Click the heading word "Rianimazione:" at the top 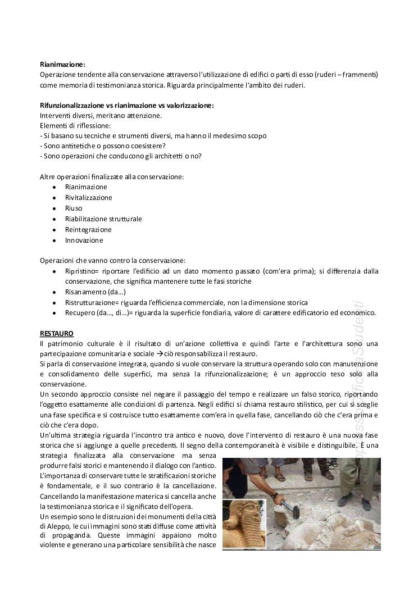(62, 65)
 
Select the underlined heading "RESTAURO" (57, 334)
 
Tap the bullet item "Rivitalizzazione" (88, 198)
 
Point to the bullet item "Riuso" (74, 208)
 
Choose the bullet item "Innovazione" (84, 240)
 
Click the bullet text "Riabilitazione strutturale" (103, 219)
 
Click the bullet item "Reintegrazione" (88, 230)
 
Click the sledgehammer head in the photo (293, 510)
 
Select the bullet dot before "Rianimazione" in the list (53, 187)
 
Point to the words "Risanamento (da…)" (95, 292)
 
